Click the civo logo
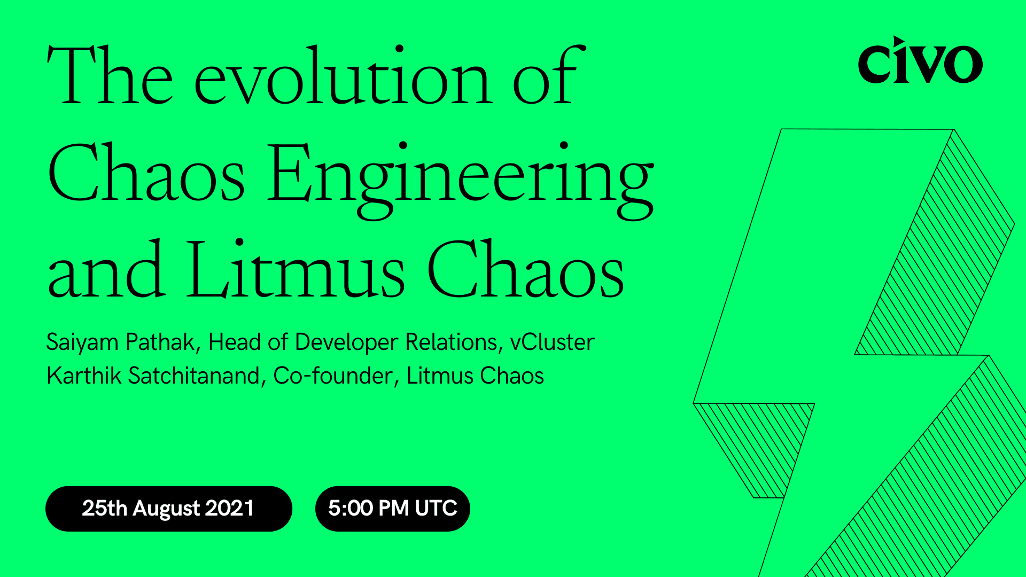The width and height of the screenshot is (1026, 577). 920,61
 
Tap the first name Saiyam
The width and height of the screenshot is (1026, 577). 82,342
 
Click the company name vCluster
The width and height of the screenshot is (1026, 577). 552,342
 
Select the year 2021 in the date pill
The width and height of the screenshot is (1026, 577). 229,508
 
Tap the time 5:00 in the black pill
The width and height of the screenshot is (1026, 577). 351,508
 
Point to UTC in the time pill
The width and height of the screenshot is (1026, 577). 436,508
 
